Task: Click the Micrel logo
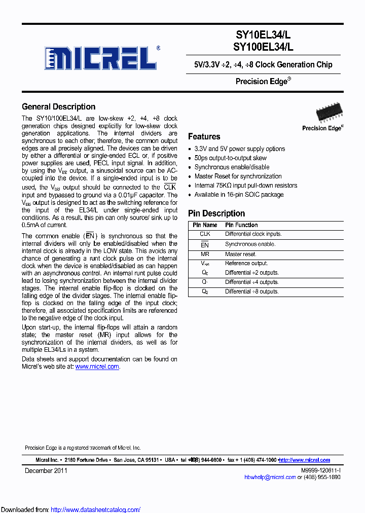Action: tap(100, 58)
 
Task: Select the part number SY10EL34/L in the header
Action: tap(263, 35)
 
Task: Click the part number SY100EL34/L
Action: tap(263, 47)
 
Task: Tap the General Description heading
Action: tap(58, 107)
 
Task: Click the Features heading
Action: tap(204, 137)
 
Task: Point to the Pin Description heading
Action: tap(216, 213)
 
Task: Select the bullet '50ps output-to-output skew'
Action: tap(231, 158)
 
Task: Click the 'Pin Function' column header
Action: tap(241, 225)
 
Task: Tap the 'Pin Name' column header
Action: tap(205, 225)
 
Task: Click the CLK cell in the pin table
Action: tap(205, 234)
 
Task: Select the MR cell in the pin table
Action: tap(205, 254)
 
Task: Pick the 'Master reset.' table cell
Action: tap(241, 254)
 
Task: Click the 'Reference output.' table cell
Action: tap(246, 264)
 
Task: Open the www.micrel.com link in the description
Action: tap(97, 367)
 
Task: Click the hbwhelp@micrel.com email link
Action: tap(270, 478)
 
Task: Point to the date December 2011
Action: tap(46, 471)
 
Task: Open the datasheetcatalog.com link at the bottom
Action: tap(95, 509)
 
